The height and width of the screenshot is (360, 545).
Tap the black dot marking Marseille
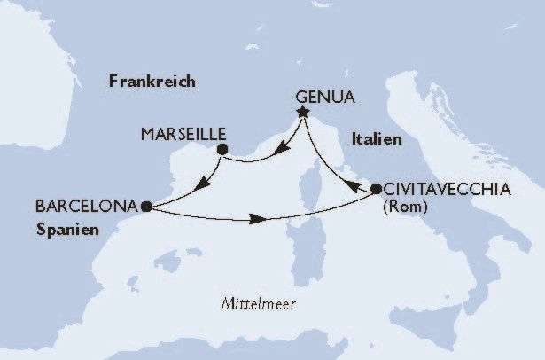pyautogui.click(x=222, y=150)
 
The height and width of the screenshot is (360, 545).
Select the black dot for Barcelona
pyautogui.click(x=145, y=206)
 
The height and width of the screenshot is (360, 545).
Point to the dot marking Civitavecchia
pyautogui.click(x=376, y=188)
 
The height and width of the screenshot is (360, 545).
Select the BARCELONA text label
pyautogui.click(x=87, y=206)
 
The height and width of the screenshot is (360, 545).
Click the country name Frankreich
pyautogui.click(x=152, y=82)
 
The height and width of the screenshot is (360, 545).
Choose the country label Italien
pyautogui.click(x=377, y=139)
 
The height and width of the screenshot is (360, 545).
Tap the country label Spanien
pyautogui.click(x=67, y=227)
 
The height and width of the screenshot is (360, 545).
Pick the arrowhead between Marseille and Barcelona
pyautogui.click(x=201, y=184)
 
